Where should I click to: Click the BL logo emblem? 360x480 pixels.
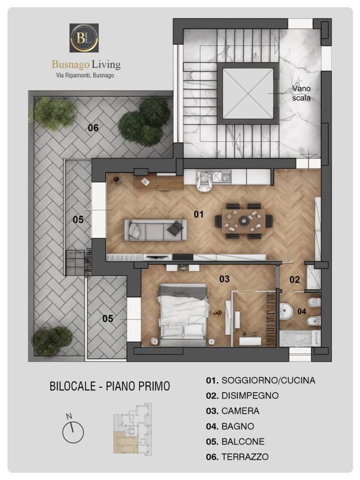tap(84, 37)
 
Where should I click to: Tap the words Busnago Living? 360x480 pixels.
tap(86, 64)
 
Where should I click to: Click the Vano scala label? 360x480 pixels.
tap(301, 93)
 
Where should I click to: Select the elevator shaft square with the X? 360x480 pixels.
tap(247, 93)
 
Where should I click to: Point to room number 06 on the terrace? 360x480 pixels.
tap(93, 128)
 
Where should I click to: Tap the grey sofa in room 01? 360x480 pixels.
tap(155, 229)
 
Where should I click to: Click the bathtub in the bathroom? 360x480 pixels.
tap(300, 338)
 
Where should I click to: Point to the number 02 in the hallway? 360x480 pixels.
tap(295, 279)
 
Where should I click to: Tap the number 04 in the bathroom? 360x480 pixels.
tap(301, 311)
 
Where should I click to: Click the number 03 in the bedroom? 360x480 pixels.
tap(224, 278)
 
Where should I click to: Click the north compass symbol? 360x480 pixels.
tap(72, 430)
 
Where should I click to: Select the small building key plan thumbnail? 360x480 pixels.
tap(133, 428)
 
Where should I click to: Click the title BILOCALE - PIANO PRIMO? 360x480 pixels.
tap(110, 386)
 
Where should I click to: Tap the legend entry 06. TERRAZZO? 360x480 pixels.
tap(237, 457)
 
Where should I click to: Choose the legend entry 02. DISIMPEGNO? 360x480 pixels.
tap(242, 395)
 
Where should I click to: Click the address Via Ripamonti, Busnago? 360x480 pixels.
tap(85, 75)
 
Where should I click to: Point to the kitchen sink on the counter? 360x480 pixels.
tap(226, 176)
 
